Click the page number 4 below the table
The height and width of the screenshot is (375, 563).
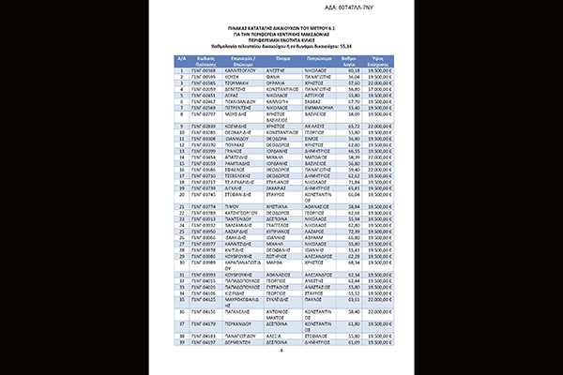tap(281, 354)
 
